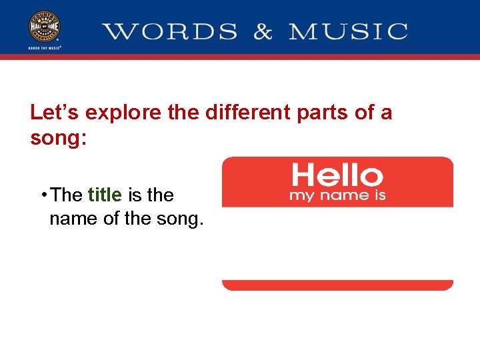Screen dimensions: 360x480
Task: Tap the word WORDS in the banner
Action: point(170,31)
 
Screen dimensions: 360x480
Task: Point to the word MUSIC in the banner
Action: point(348,31)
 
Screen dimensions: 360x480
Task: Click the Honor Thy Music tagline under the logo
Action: point(45,48)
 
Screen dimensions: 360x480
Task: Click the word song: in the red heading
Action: point(59,138)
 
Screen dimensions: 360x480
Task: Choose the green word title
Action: point(105,195)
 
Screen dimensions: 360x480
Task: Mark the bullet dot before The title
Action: point(43,194)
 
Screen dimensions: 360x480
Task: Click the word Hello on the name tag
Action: point(337,176)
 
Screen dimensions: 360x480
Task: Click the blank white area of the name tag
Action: point(337,243)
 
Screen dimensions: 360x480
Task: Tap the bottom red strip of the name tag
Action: point(337,285)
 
